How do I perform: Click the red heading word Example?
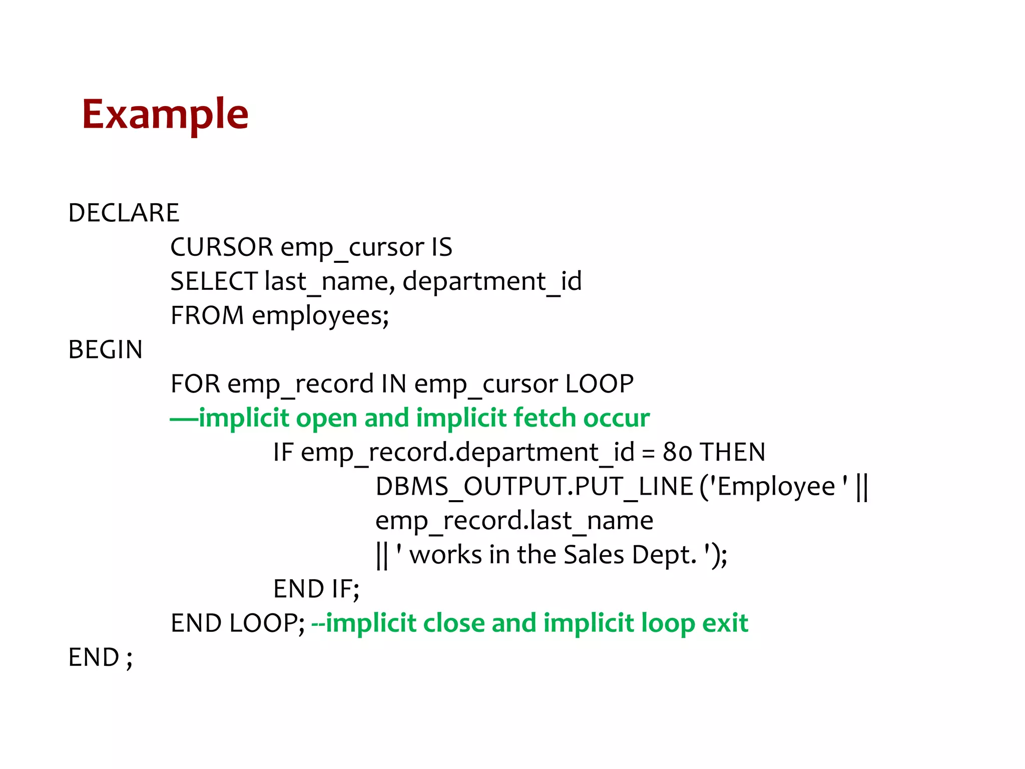click(x=165, y=115)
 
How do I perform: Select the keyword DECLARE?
click(x=124, y=213)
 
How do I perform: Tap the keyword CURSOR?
click(x=222, y=247)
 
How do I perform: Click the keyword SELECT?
click(x=214, y=281)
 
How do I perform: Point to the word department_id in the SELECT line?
click(x=492, y=281)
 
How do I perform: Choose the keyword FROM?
click(x=207, y=315)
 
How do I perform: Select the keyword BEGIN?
click(x=106, y=349)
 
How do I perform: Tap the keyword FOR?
click(x=195, y=384)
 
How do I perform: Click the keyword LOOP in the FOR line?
click(x=600, y=384)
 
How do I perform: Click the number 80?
click(x=677, y=452)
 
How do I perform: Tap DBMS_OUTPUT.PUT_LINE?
click(x=534, y=487)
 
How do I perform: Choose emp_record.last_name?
click(x=514, y=521)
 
